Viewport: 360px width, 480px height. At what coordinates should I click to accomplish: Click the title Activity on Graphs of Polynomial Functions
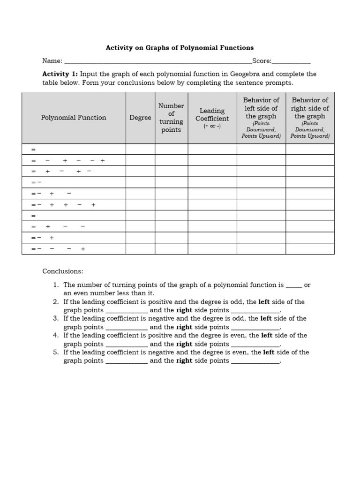(x=180, y=48)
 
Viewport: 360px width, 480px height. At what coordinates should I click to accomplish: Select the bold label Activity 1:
(x=60, y=74)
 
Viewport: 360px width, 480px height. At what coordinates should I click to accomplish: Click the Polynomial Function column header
(x=74, y=118)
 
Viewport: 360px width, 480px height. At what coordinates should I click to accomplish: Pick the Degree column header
(x=140, y=118)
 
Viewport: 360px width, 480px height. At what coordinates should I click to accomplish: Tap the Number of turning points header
(x=171, y=118)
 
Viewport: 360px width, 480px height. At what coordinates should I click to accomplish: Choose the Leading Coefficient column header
(x=212, y=115)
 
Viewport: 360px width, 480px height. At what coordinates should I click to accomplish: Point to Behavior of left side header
(x=261, y=108)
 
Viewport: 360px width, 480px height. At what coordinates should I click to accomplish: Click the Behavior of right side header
(x=310, y=108)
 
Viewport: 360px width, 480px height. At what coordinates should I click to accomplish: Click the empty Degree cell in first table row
(x=140, y=149)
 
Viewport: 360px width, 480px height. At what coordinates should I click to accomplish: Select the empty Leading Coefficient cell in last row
(x=212, y=249)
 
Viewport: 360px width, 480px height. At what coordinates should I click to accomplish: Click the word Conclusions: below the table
(x=63, y=271)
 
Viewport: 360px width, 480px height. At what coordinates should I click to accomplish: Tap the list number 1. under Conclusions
(x=55, y=285)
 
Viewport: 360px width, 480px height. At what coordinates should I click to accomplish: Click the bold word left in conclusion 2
(x=264, y=301)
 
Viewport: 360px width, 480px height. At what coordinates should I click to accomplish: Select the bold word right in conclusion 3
(x=184, y=327)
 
